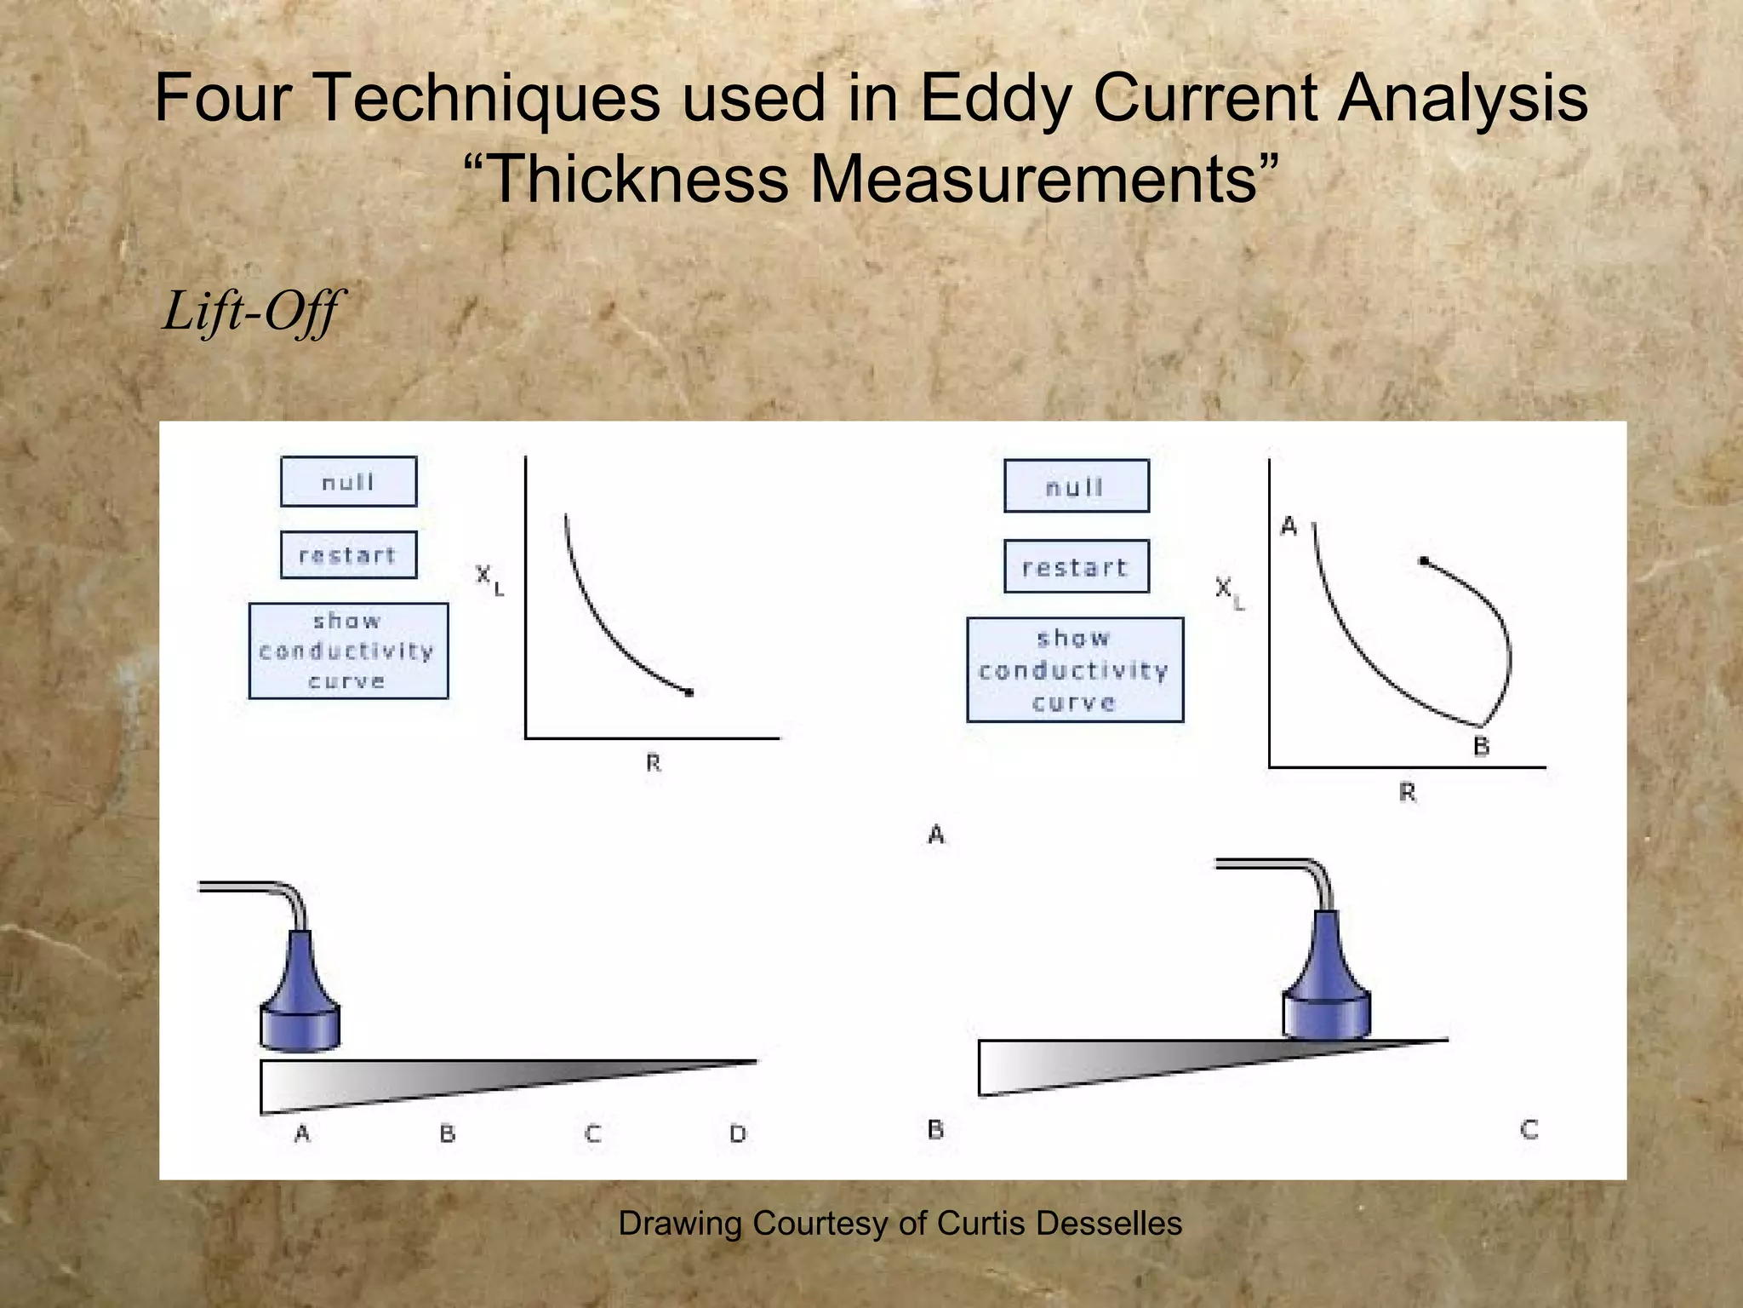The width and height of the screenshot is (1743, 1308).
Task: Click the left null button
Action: point(349,482)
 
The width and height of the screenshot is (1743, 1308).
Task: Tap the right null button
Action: point(1076,486)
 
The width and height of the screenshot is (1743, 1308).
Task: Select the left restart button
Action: point(349,555)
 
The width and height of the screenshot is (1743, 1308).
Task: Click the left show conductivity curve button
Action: point(348,651)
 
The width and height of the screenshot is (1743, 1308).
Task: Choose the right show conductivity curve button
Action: point(1075,670)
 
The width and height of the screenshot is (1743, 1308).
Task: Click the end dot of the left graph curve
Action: point(689,693)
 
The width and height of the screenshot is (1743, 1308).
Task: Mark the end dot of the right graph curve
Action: point(1424,561)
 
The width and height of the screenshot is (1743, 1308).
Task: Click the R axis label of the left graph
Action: point(653,763)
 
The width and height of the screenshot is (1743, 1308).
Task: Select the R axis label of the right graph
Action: point(1408,794)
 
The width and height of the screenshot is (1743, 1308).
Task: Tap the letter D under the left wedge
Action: point(738,1134)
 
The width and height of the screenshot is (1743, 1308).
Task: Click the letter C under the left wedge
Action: point(593,1134)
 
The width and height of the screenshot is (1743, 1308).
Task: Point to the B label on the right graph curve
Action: point(1482,747)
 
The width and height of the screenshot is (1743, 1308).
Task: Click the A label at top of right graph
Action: point(1289,527)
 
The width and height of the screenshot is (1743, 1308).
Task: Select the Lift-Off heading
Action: point(252,312)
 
